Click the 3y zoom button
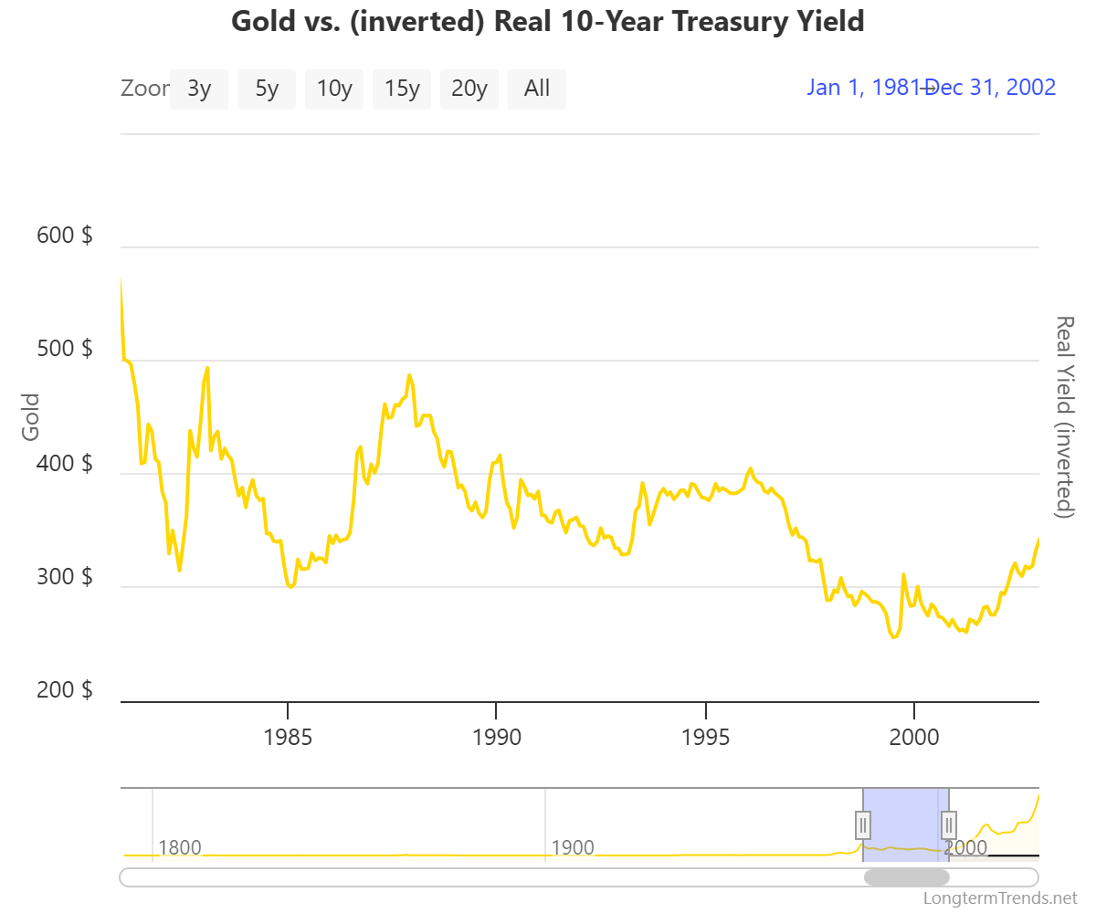[199, 89]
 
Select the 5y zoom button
[267, 89]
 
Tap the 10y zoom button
[334, 89]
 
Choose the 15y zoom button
[402, 89]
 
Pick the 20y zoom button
[469, 89]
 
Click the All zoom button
[537, 89]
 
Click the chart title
[548, 21]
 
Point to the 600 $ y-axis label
[64, 236]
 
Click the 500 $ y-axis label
[64, 350]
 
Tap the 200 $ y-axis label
[64, 690]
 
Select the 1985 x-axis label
[288, 737]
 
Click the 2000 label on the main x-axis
[914, 737]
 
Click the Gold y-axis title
[32, 416]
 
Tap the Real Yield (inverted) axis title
[1064, 416]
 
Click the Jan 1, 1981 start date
[863, 88]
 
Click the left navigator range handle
[863, 824]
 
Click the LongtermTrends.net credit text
[1001, 898]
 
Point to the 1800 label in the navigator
[180, 847]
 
